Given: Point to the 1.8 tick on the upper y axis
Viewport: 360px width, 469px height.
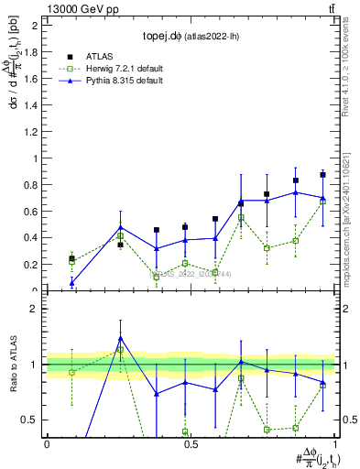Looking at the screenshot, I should tap(33, 52).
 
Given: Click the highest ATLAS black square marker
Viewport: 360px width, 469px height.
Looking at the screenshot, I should tap(322, 174).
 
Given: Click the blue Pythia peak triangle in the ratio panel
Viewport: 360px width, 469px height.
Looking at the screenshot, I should tap(120, 338).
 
